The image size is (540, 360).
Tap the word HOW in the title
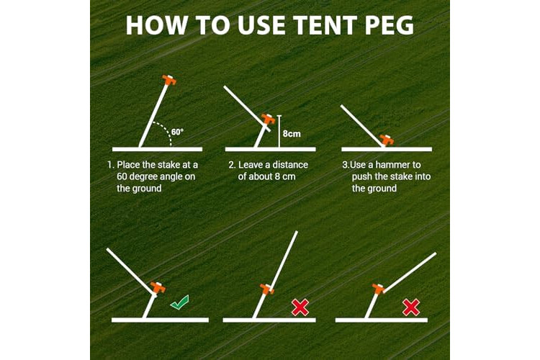tap(157, 25)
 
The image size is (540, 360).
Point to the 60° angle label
tap(177, 132)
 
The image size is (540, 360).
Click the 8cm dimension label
tap(292, 134)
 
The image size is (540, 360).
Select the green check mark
tap(179, 302)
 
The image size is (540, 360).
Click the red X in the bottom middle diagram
tap(300, 307)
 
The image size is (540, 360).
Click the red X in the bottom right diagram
tap(411, 307)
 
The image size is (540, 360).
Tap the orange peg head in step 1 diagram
tap(169, 80)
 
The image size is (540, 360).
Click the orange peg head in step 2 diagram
tap(269, 120)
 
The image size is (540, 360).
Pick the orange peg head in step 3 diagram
tap(387, 140)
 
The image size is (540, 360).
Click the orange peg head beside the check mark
tap(158, 288)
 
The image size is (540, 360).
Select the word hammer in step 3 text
tap(399, 165)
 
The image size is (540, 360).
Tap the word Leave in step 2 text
tap(251, 165)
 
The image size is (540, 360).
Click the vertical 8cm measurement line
tap(279, 131)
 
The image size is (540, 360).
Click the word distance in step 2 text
tap(289, 165)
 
